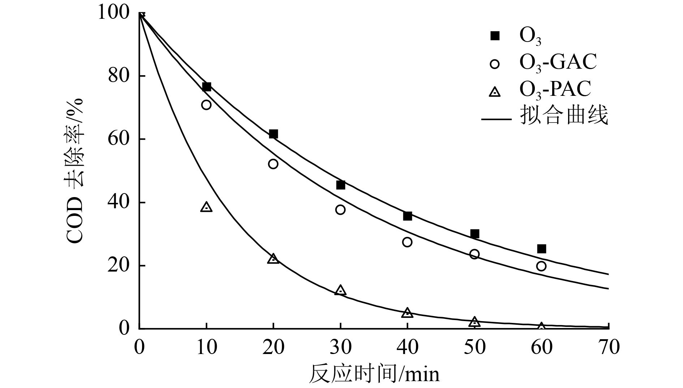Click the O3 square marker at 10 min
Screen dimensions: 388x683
206,87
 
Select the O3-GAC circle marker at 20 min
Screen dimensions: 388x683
273,164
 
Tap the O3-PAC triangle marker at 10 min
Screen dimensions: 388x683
206,207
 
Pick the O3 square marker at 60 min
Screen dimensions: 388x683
541,249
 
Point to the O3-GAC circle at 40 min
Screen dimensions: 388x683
407,242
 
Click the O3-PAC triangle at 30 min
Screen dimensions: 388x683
340,290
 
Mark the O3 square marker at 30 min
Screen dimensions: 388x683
340,185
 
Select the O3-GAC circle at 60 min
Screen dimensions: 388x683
541,266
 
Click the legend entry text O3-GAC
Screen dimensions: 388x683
558,63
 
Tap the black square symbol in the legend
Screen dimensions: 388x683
495,36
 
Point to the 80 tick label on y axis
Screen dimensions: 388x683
118,76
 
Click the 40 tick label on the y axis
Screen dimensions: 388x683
118,202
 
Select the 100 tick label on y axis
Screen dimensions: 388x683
113,13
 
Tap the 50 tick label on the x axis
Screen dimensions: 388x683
474,347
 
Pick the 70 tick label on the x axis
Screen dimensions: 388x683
609,347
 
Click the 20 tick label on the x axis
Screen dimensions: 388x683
273,347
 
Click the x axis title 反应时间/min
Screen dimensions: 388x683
374,374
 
